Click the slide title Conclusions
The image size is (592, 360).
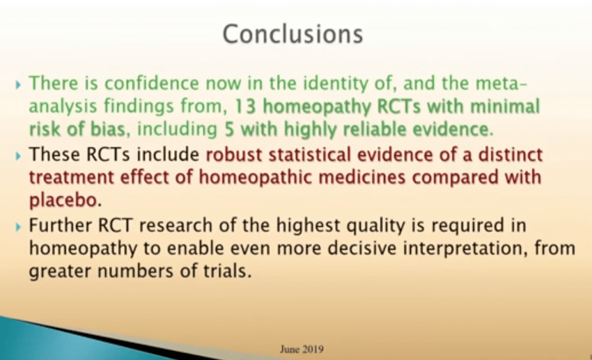(293, 34)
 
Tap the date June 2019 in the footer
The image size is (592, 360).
(301, 349)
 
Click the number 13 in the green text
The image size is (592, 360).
(245, 106)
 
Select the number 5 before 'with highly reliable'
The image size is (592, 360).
(229, 129)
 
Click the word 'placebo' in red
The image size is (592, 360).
(62, 200)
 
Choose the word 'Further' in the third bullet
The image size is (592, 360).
(60, 226)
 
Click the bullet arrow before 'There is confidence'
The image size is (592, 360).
(18, 85)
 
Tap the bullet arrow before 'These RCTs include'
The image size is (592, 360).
(18, 155)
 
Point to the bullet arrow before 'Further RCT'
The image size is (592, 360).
(18, 227)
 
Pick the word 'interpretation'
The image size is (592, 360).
(465, 249)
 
